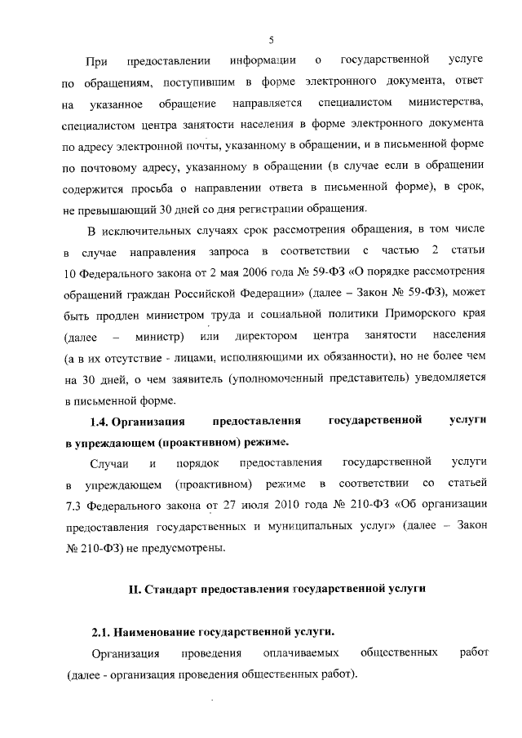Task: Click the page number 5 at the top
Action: point(270,39)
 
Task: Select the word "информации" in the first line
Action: point(263,61)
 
